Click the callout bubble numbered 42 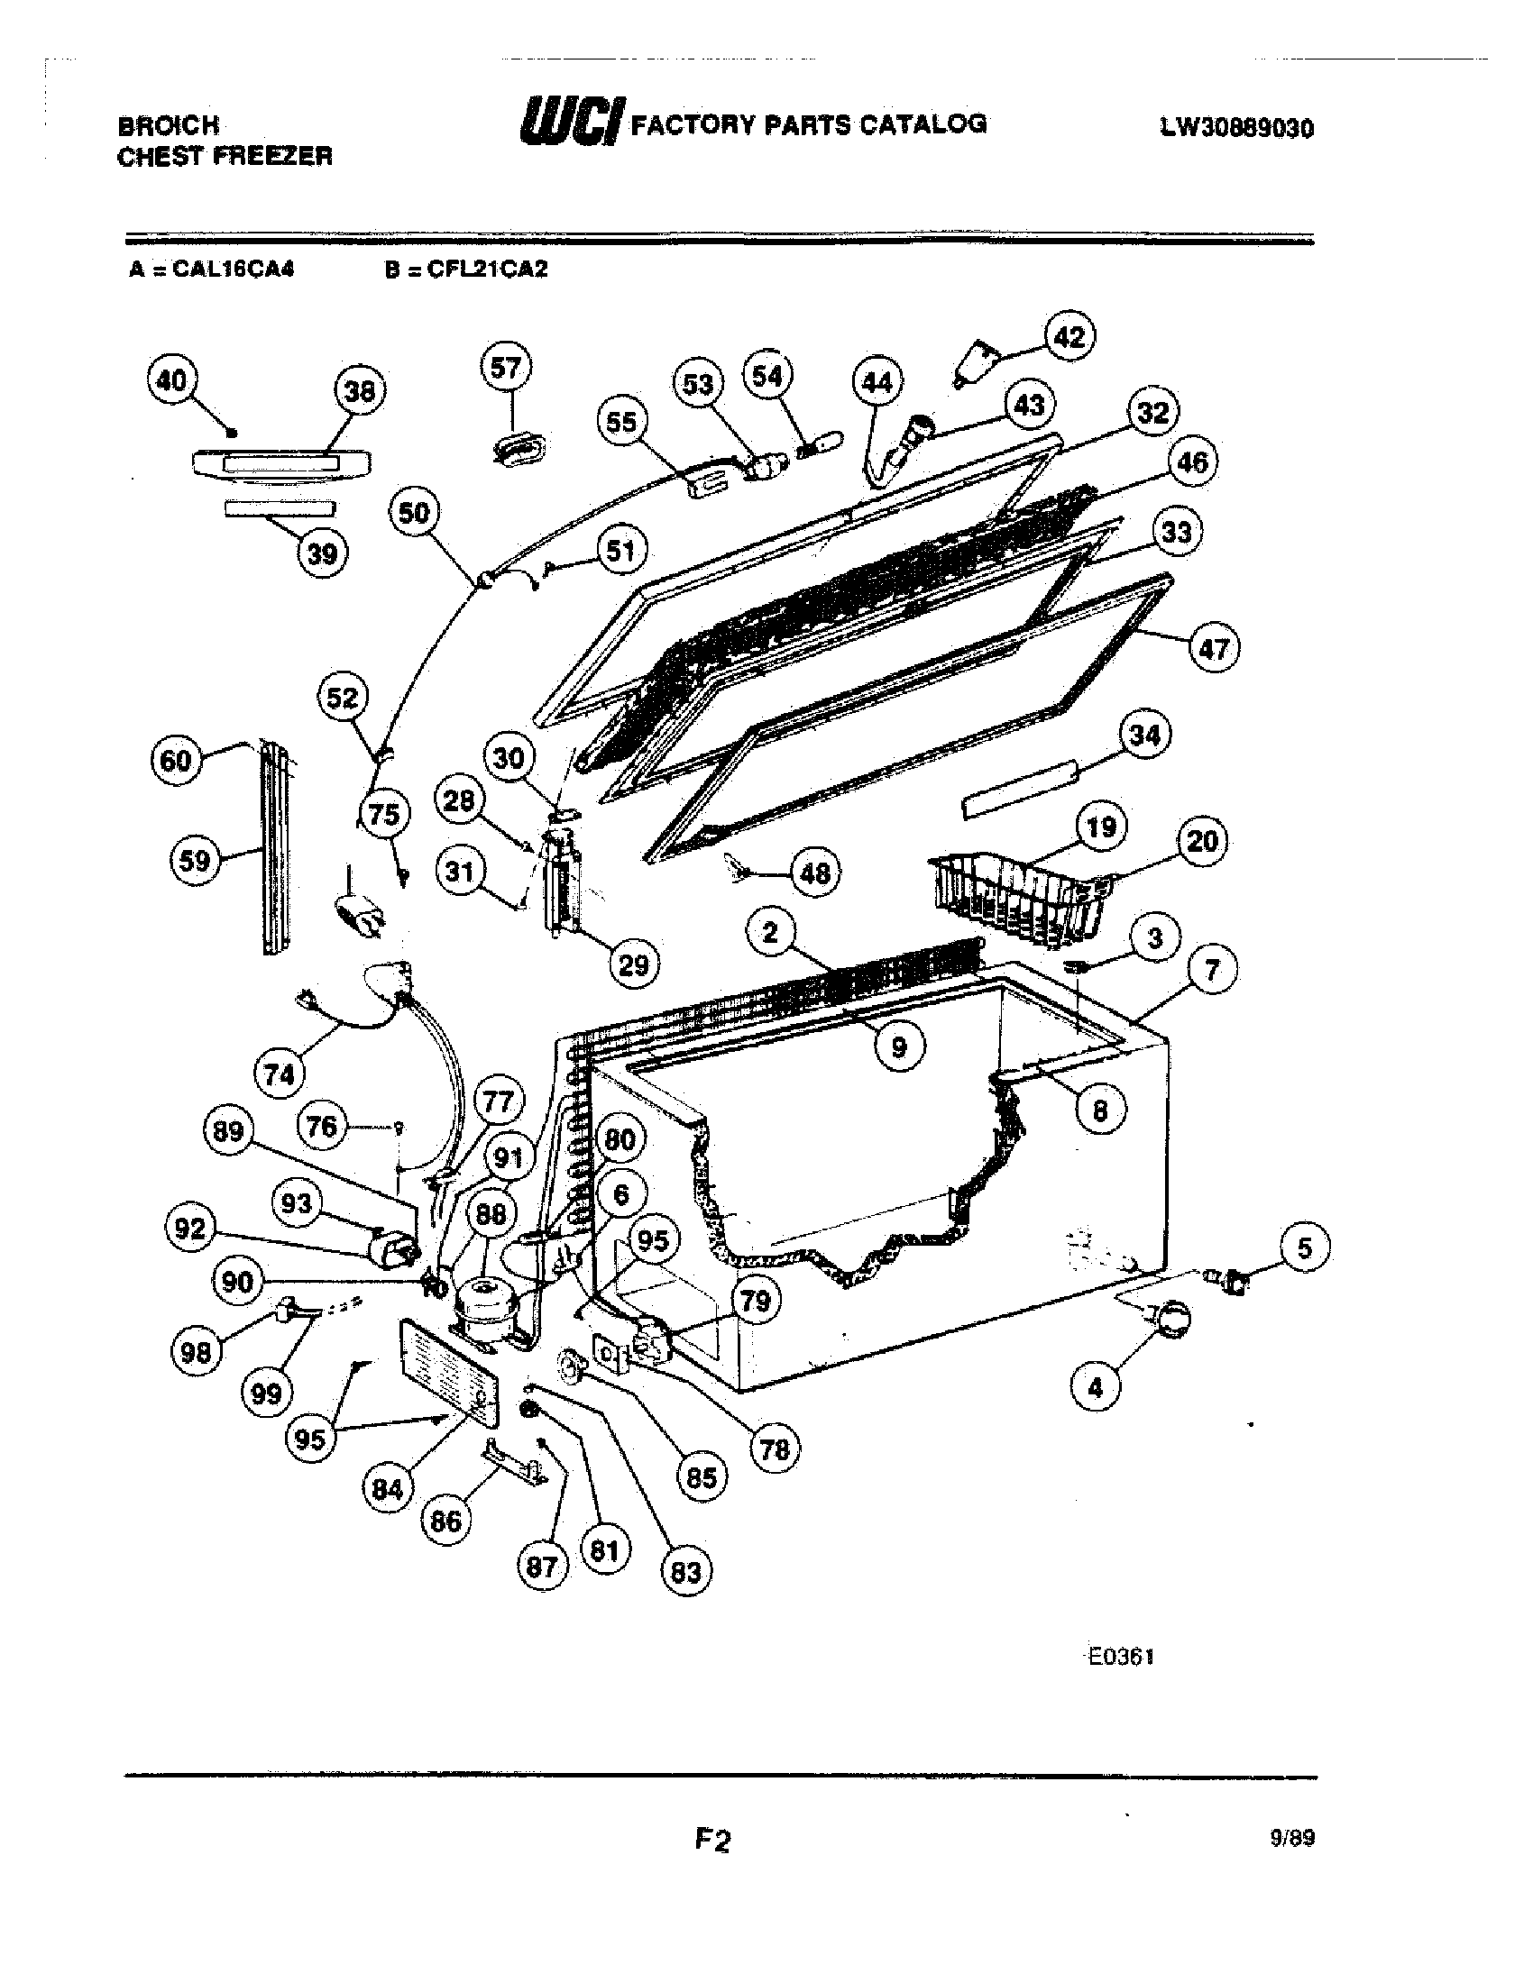1069,337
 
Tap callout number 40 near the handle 171,380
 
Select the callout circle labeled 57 506,368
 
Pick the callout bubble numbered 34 1144,735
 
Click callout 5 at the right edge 1304,1247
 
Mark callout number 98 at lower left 197,1352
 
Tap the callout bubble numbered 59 196,860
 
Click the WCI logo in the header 570,122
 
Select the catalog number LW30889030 1236,128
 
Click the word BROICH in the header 169,125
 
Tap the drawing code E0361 1120,1656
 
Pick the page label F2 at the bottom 713,1840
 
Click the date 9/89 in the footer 1292,1838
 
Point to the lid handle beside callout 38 281,463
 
